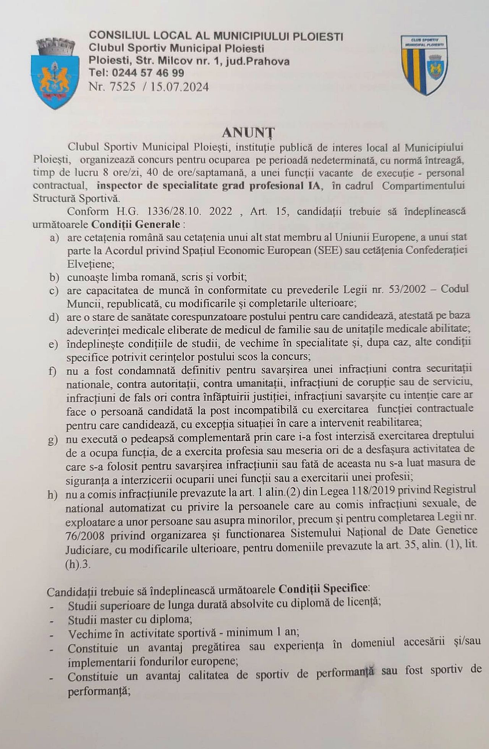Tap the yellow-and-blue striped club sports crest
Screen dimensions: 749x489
424,65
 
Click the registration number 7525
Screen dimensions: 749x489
122,87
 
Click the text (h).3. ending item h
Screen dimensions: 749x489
78,565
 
